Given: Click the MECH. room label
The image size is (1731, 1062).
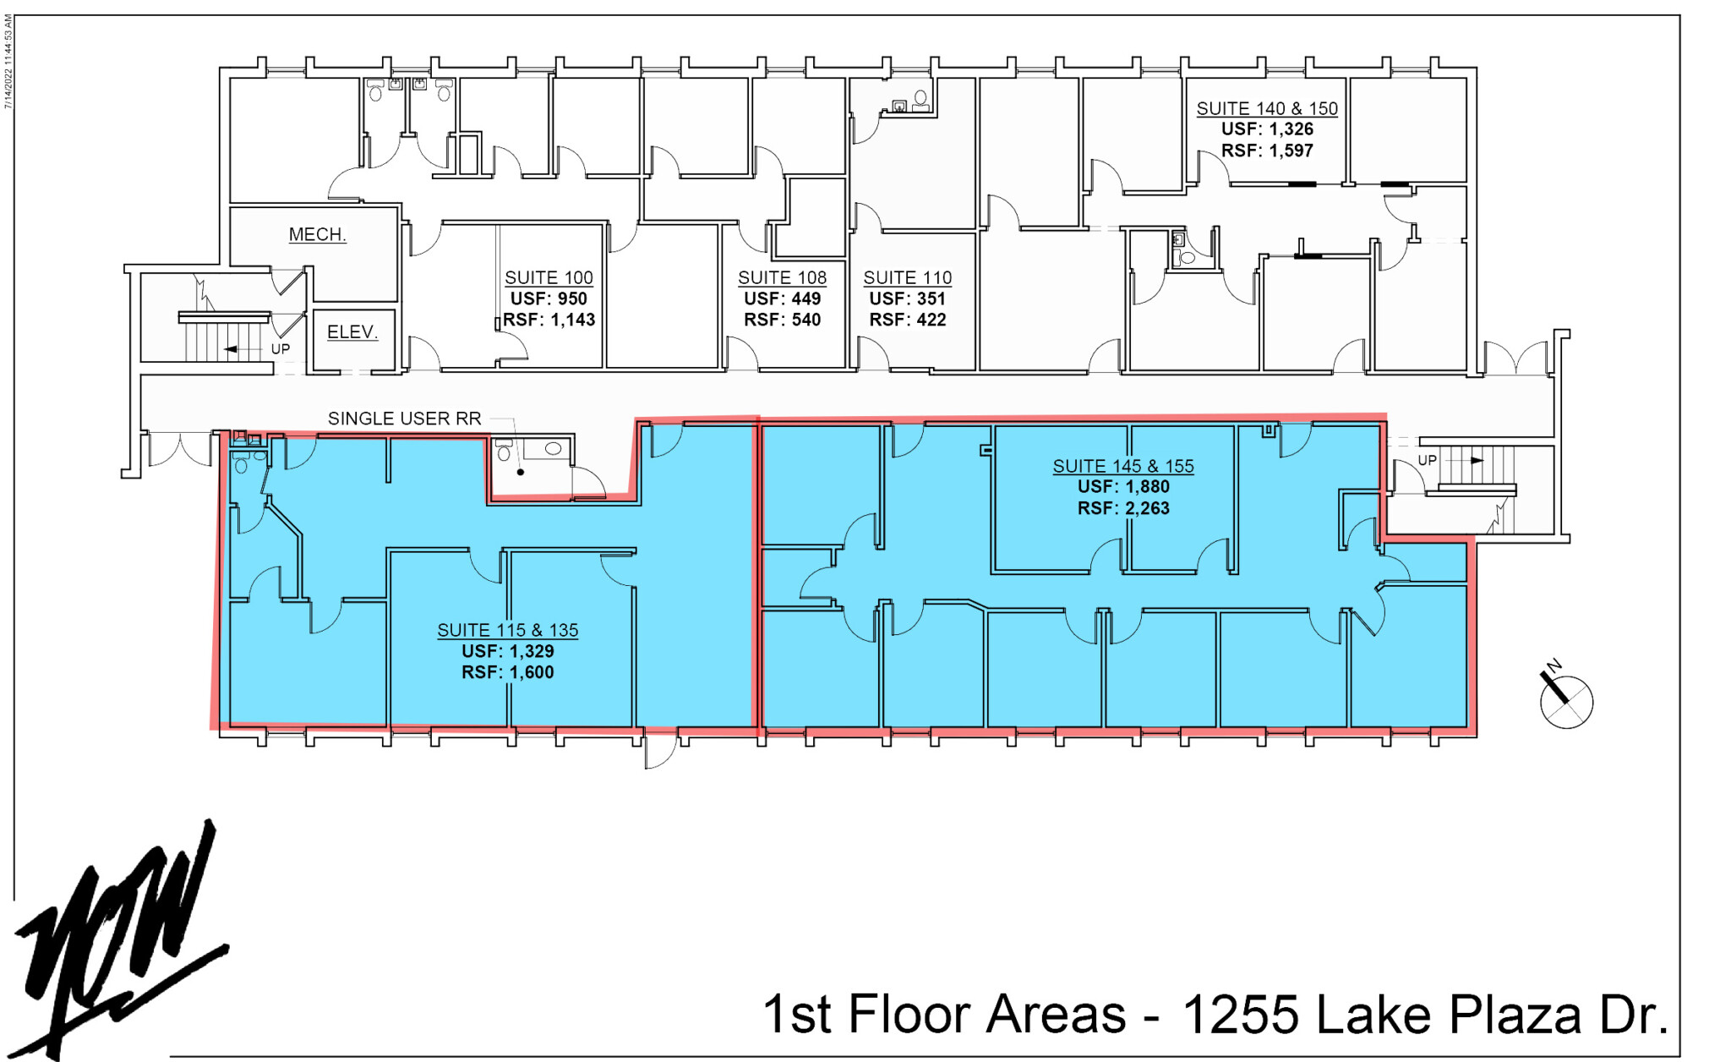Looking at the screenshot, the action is pyautogui.click(x=317, y=234).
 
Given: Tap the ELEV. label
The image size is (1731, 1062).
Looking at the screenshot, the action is pyautogui.click(x=352, y=332).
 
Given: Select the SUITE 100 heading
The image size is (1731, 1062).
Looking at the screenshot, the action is pyautogui.click(x=549, y=277).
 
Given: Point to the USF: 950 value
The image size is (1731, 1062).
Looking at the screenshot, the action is pyautogui.click(x=549, y=298).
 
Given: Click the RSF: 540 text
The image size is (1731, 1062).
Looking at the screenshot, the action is pyautogui.click(x=782, y=320).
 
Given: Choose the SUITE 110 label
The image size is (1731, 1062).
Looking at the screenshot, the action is pyautogui.click(x=907, y=277).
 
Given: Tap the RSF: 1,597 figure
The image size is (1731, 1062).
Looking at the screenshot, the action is pyautogui.click(x=1267, y=151).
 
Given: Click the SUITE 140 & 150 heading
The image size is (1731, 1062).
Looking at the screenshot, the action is pyautogui.click(x=1267, y=108).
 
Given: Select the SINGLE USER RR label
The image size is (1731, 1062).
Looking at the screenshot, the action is pyautogui.click(x=404, y=419).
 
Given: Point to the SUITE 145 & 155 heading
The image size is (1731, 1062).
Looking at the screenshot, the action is pyautogui.click(x=1123, y=466).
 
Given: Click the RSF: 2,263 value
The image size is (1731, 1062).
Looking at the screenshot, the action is pyautogui.click(x=1123, y=508).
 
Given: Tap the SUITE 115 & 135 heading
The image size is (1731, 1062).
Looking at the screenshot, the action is pyautogui.click(x=507, y=630).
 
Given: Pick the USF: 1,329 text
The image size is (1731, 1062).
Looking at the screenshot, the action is pyautogui.click(x=507, y=651).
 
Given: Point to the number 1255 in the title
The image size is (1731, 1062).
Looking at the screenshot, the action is pyautogui.click(x=1240, y=1014).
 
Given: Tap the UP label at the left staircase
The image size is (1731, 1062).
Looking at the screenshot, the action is pyautogui.click(x=281, y=349).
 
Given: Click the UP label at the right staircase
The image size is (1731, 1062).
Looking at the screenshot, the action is pyautogui.click(x=1427, y=460).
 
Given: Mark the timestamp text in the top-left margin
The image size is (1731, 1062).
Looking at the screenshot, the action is pyautogui.click(x=8, y=62).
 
